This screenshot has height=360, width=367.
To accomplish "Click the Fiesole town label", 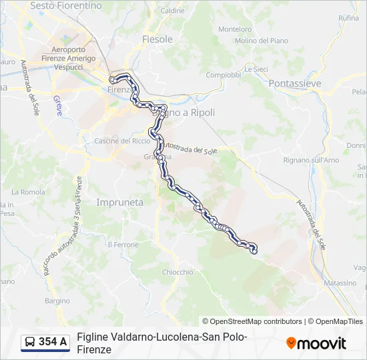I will pos(157,39).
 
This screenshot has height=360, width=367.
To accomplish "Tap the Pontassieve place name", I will pos(294,83).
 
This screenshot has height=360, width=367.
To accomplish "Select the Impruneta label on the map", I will pos(120,202).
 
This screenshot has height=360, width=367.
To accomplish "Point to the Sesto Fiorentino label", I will pos(67,5).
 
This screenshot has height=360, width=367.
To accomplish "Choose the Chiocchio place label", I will pos(177,272).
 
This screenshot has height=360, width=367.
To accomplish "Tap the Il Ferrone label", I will pos(123,245).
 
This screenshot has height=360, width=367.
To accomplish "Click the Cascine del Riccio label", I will pos(122,141).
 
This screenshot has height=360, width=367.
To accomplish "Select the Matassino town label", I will pos(340,283).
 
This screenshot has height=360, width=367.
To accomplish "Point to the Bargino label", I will pos(57,301).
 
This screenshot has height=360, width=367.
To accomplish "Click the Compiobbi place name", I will pos(223,75).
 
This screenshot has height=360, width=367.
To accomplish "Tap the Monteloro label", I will pos(235,29).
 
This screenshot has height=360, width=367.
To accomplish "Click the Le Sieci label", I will pos(256,69).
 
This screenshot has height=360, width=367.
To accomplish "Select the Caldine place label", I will pos(173,11).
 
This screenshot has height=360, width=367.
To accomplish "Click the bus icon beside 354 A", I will pos(30,343).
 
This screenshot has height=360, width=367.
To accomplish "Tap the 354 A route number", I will pos(53,343).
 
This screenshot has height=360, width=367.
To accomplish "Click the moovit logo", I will pos(316,343).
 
